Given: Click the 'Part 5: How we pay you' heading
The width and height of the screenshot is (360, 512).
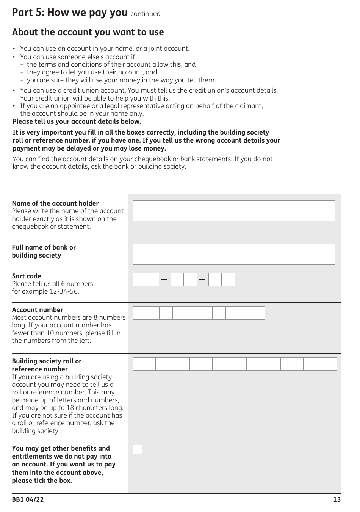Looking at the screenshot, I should (70, 13).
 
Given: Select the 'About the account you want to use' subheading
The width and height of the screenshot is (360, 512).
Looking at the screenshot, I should (88, 32).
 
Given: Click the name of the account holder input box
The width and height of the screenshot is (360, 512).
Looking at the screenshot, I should (234, 210).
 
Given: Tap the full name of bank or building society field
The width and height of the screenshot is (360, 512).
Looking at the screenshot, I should (234, 254).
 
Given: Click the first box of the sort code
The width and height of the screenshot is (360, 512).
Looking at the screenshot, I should (139, 280).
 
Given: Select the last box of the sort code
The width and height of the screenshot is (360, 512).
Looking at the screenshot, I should (228, 280).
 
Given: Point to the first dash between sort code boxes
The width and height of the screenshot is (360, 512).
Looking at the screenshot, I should (164, 280).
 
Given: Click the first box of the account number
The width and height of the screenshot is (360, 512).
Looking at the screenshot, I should (139, 313).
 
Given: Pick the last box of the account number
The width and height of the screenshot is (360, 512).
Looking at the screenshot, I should (258, 313).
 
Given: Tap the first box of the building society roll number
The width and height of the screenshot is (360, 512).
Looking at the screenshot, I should (138, 364).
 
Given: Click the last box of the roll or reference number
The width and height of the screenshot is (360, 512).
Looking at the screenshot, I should (332, 364).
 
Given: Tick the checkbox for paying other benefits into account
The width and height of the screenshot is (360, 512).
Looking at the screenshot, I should (137, 449).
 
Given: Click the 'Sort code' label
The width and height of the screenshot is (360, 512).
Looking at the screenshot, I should (27, 276).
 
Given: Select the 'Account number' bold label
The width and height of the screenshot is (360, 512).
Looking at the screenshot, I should (38, 310).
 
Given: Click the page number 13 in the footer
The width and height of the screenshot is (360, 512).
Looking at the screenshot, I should (337, 499).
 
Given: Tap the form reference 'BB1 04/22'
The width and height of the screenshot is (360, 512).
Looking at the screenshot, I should (28, 499).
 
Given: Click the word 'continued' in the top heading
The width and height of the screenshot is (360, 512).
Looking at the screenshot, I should (145, 14).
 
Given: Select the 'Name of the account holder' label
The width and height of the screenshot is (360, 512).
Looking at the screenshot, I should (55, 203).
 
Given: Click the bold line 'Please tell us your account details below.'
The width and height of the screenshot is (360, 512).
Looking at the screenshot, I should (77, 121).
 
